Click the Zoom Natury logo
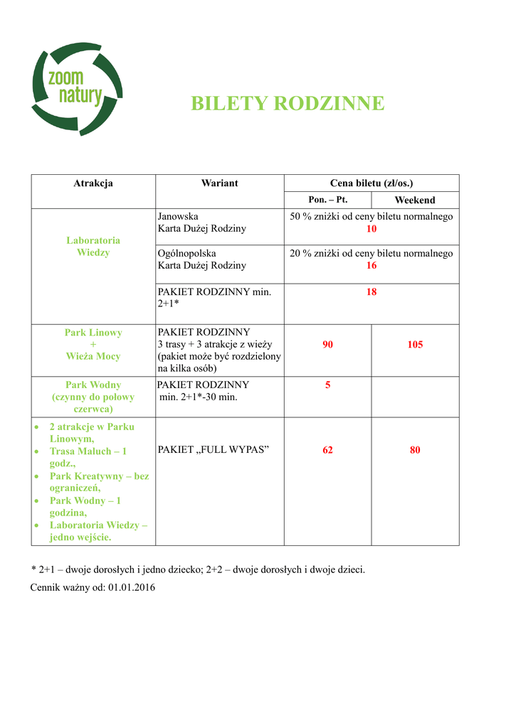(76, 88)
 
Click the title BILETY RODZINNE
(288, 104)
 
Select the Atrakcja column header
(93, 183)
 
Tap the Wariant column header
(219, 183)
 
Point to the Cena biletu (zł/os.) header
(372, 183)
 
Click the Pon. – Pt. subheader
(327, 200)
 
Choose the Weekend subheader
(415, 200)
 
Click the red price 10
(372, 229)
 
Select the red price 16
(372, 265)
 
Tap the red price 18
(372, 292)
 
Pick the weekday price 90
(327, 345)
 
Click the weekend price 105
(415, 345)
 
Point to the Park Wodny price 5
(327, 385)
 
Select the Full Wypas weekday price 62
(327, 450)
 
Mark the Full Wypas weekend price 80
(415, 450)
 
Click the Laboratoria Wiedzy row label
(93, 246)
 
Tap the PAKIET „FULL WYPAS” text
(213, 450)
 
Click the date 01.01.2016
(132, 588)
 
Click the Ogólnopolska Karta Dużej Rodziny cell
(202, 259)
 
